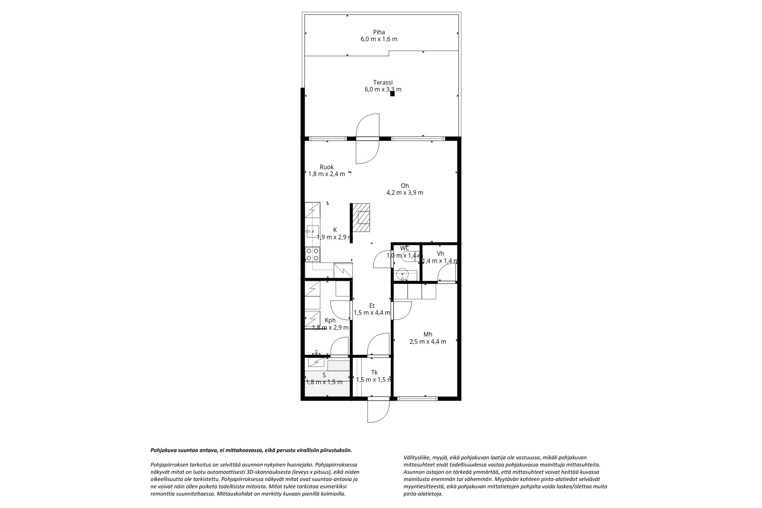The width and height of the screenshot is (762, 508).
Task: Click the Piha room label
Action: pyautogui.click(x=379, y=32)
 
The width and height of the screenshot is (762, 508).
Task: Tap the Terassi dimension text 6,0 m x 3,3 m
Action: pyautogui.click(x=383, y=90)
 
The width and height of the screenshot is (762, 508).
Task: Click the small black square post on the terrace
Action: pyautogui.click(x=392, y=94)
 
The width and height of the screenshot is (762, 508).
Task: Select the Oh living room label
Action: pyautogui.click(x=405, y=186)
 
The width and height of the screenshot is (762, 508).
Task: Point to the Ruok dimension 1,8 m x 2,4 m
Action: pyautogui.click(x=327, y=174)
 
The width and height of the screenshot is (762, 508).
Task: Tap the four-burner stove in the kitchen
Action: pyautogui.click(x=313, y=254)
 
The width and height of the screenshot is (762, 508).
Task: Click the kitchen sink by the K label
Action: pyautogui.click(x=311, y=231)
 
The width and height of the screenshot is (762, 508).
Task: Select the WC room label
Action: pyautogui.click(x=405, y=248)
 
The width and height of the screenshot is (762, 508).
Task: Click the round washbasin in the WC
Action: pyautogui.click(x=402, y=273)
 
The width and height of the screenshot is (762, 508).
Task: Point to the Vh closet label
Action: pyautogui.click(x=440, y=254)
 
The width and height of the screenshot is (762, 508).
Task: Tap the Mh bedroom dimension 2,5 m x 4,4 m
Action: pyautogui.click(x=427, y=342)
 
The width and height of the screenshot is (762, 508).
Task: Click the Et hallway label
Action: pyautogui.click(x=372, y=306)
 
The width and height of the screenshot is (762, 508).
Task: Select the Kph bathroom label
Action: pyautogui.click(x=330, y=321)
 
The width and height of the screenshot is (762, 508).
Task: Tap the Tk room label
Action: pyautogui.click(x=374, y=373)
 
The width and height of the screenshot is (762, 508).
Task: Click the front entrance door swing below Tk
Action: pyautogui.click(x=377, y=411)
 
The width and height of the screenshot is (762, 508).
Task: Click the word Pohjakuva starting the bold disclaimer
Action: pyautogui.click(x=163, y=450)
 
